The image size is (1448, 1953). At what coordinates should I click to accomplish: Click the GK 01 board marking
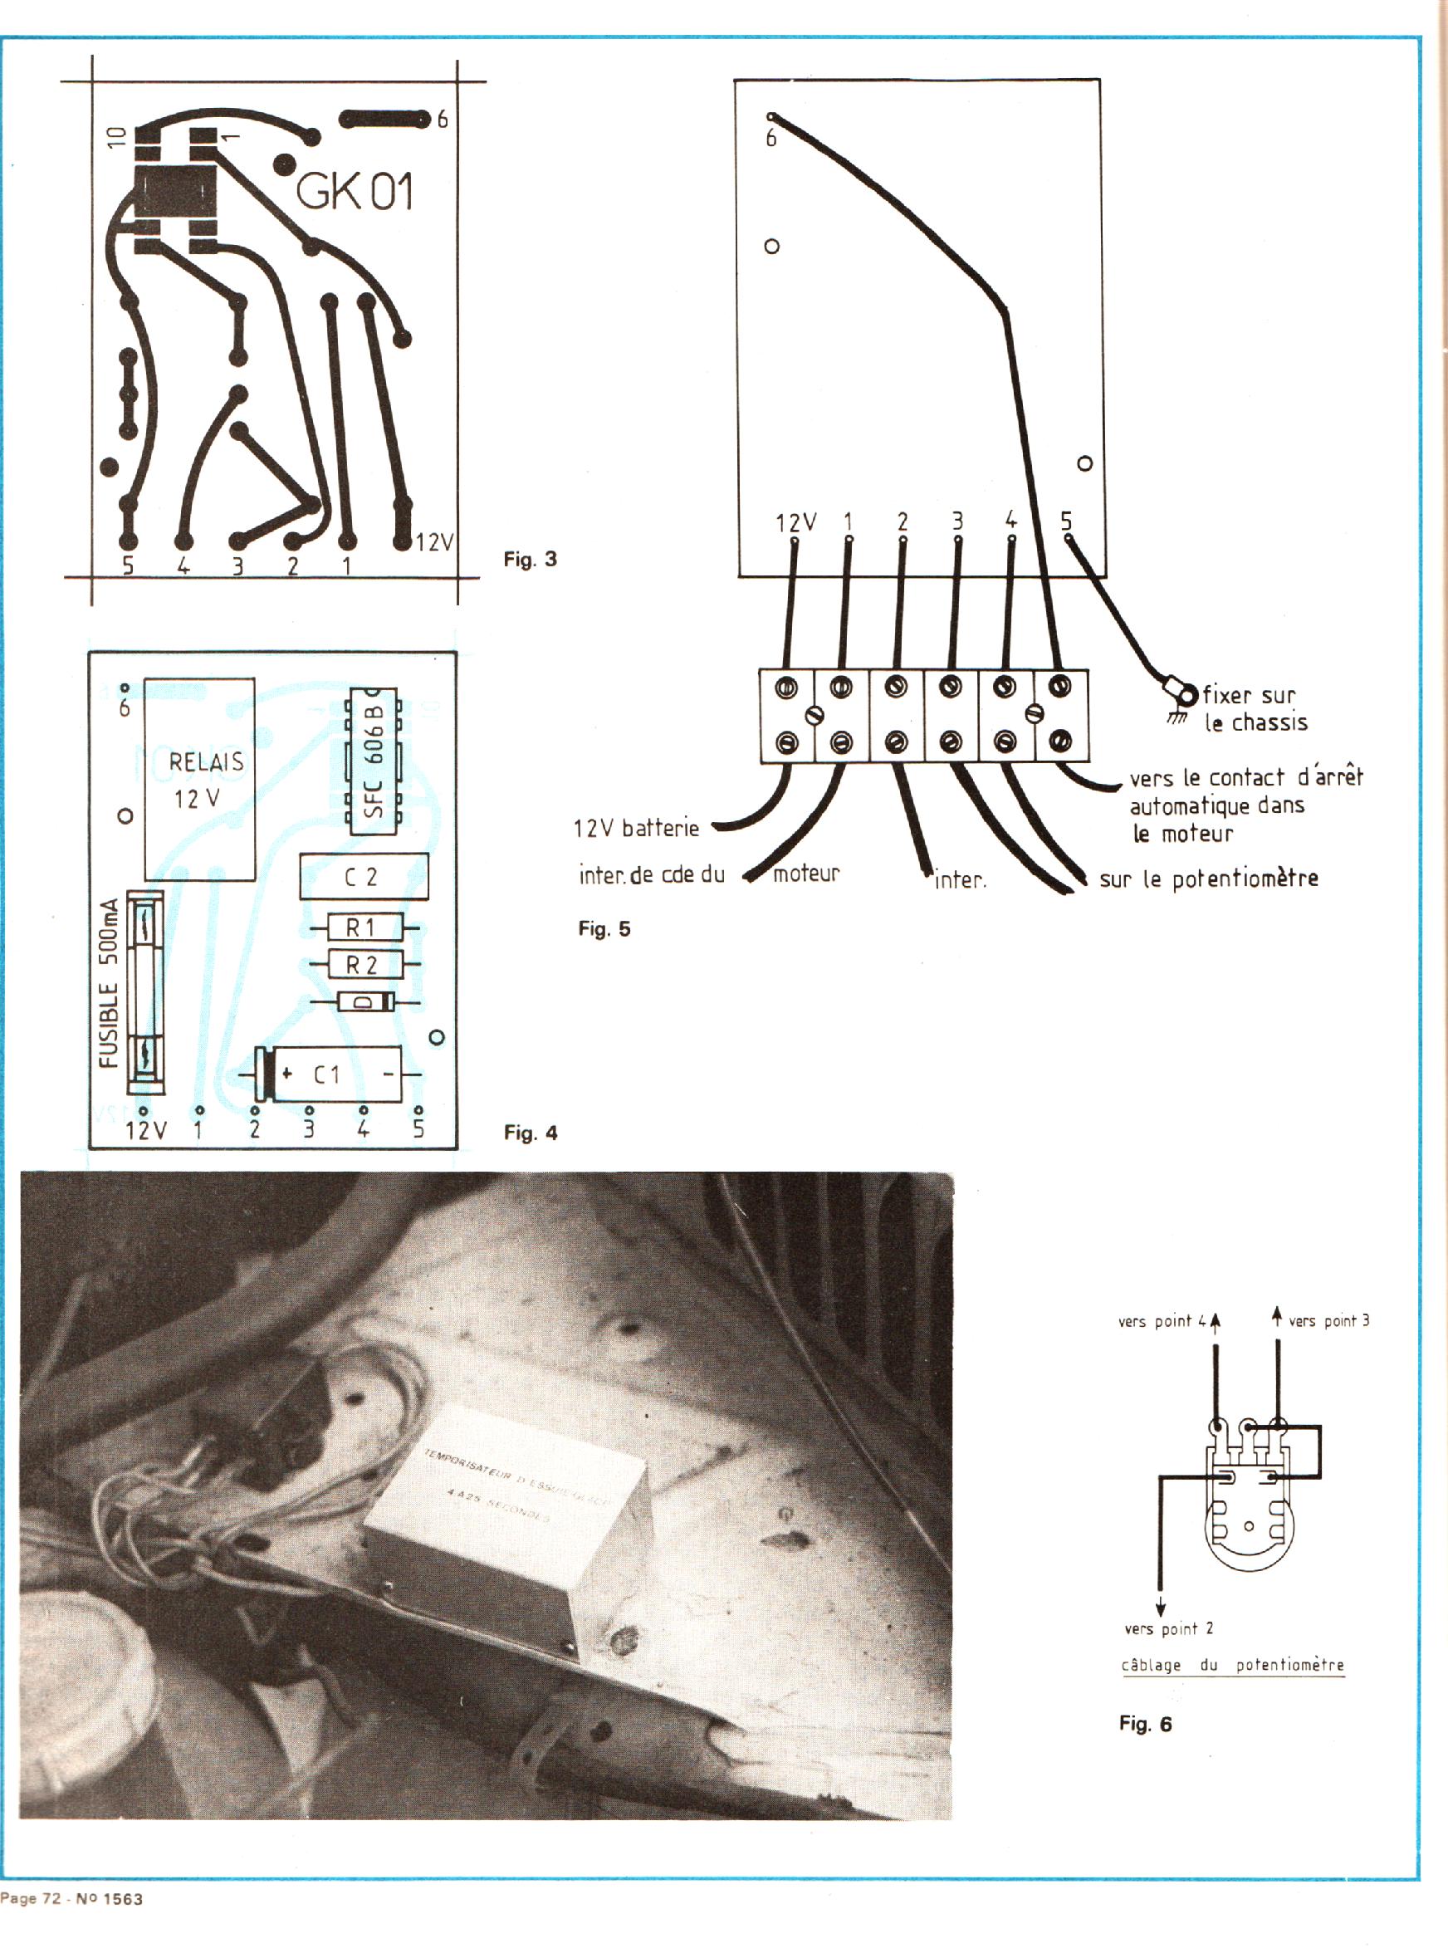coord(354,191)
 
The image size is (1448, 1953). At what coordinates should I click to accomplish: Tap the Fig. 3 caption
coord(530,560)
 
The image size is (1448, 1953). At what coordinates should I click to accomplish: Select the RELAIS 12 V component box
coord(200,778)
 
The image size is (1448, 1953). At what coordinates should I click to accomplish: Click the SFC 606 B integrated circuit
coord(374,761)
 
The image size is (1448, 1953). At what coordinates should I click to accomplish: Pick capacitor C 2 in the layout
coord(364,877)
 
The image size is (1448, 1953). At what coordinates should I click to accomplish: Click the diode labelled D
coord(366,1002)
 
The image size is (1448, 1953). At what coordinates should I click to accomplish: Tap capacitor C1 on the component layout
coord(329,1074)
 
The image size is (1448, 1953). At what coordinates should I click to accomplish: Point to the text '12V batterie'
coord(636,829)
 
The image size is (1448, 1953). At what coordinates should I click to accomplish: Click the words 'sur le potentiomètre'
coord(1209,879)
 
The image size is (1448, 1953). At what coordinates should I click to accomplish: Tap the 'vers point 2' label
coord(1168,1628)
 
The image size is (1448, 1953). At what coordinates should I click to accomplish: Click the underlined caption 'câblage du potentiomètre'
coord(1232,1665)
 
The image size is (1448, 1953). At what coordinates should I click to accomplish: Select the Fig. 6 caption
coord(1145,1724)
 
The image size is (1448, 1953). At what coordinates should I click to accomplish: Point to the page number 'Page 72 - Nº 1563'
coord(72,1899)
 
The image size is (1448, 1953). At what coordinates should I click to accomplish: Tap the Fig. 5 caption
coord(604,929)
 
